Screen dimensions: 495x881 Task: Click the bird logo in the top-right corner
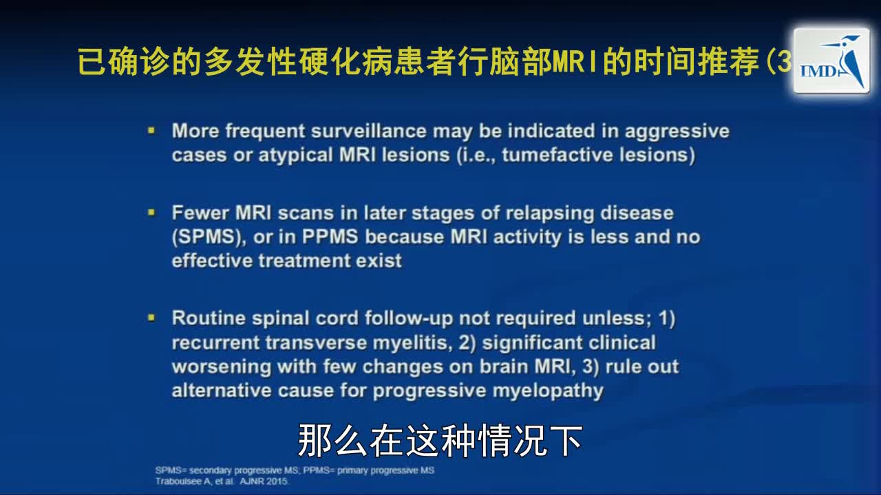click(831, 61)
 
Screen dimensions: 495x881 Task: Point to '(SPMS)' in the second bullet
click(209, 237)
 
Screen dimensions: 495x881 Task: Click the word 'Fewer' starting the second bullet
click(200, 213)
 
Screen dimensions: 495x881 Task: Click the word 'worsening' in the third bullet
click(222, 366)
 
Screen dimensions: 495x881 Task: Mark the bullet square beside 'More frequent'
click(151, 129)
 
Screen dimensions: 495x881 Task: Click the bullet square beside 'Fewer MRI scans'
click(151, 212)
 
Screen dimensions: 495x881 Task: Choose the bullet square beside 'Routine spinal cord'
click(151, 318)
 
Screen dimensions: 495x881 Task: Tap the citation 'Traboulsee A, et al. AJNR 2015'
click(223, 481)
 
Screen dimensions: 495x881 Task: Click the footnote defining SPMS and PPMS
click(295, 470)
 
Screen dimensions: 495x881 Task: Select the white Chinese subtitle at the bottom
click(440, 441)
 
